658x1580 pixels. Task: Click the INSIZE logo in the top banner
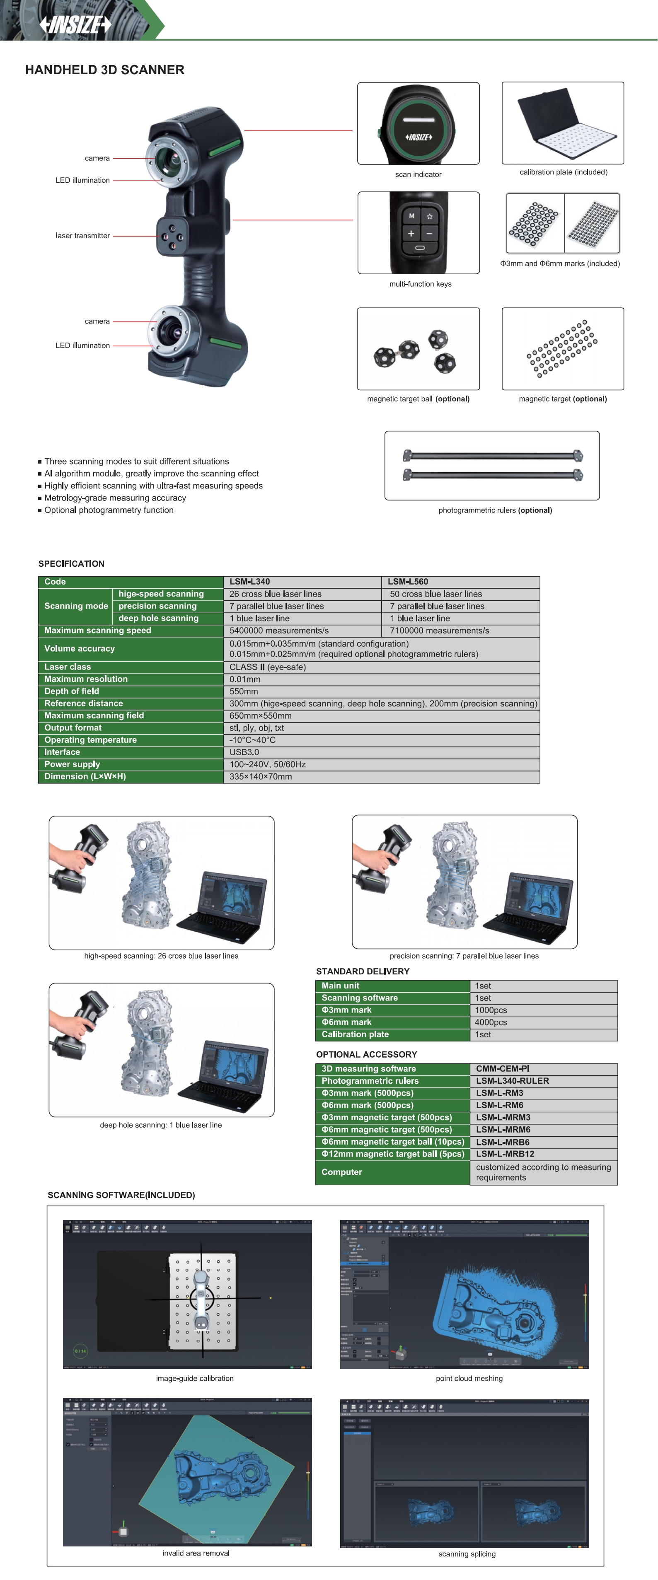(75, 24)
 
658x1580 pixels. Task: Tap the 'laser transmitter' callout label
(83, 236)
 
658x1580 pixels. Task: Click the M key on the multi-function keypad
(411, 216)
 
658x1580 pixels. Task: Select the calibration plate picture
(562, 123)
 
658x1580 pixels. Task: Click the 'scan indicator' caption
(418, 174)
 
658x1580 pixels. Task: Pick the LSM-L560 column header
(408, 582)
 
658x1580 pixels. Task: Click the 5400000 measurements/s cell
(279, 631)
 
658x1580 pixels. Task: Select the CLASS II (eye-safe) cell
(267, 667)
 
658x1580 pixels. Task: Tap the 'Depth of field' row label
(72, 691)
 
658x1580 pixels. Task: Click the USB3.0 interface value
(244, 752)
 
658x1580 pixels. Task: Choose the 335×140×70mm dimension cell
(261, 776)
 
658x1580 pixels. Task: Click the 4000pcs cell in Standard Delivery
(491, 1022)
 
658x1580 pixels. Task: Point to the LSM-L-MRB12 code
(505, 1154)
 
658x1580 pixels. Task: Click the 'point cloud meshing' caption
(469, 1378)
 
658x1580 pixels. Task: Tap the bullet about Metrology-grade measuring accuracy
(115, 498)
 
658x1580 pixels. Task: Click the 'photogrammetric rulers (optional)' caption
(495, 510)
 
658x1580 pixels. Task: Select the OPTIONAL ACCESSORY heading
(366, 1054)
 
